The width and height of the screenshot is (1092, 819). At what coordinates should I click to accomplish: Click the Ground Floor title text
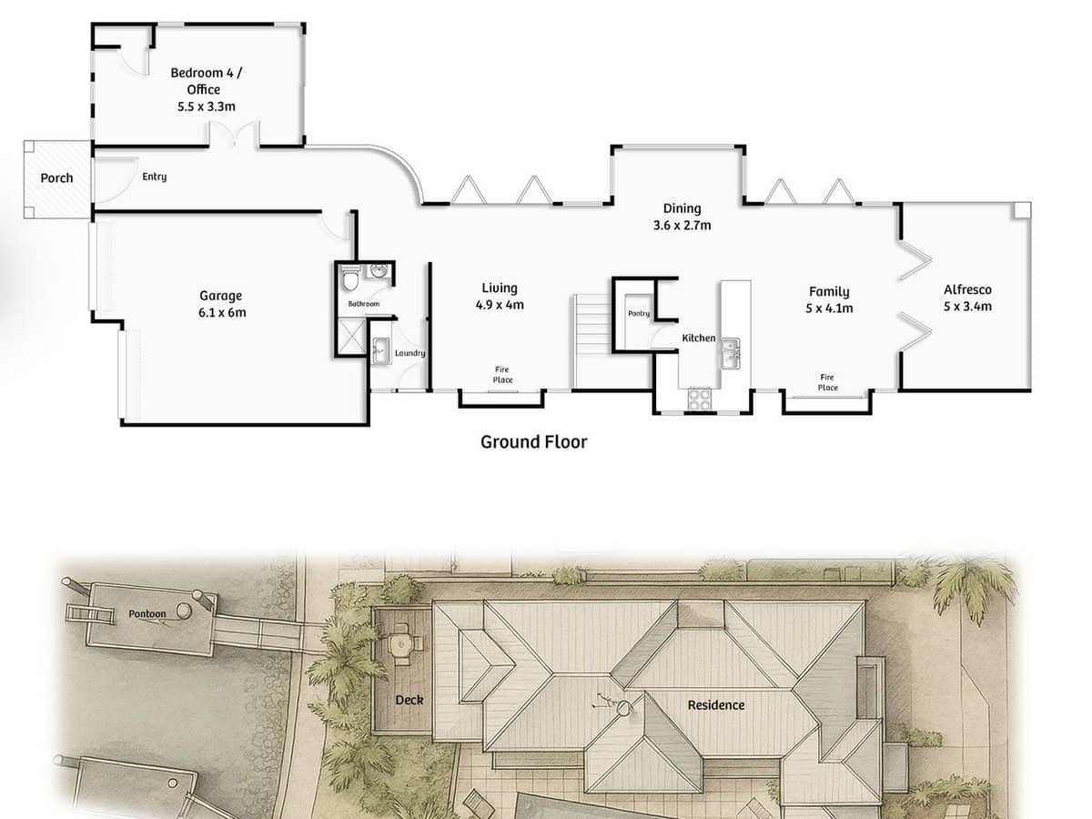click(533, 442)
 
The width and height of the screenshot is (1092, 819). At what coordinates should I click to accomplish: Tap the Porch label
click(56, 178)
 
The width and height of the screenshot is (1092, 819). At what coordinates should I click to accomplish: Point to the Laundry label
click(409, 353)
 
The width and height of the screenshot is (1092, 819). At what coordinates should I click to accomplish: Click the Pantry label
click(638, 314)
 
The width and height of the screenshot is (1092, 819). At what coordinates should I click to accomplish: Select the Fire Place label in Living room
click(502, 374)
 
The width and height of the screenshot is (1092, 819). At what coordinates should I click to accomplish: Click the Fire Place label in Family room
click(827, 382)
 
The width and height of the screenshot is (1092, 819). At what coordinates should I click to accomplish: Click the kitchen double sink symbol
click(730, 353)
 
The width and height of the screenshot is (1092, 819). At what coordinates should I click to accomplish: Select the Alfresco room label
click(967, 290)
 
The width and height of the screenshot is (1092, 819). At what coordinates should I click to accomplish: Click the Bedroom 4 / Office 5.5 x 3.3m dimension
click(207, 106)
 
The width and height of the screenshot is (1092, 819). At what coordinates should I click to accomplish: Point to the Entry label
click(154, 177)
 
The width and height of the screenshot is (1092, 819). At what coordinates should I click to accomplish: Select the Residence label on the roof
click(715, 705)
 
